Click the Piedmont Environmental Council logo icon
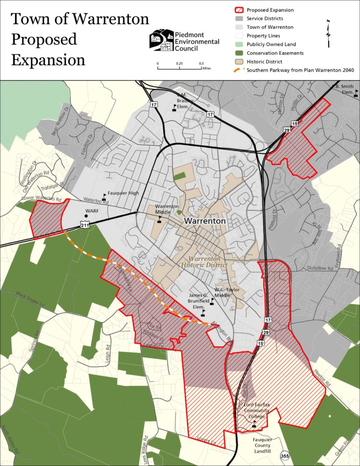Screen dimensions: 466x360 161,40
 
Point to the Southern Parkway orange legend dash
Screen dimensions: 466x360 239,70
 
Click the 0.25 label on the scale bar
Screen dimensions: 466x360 180,63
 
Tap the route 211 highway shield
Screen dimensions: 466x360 85,225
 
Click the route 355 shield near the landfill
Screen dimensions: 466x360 284,455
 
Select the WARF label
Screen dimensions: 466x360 92,211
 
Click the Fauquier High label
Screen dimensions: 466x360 123,193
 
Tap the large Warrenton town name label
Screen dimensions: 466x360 205,221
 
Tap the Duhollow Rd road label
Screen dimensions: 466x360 320,269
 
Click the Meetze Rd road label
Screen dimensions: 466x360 322,375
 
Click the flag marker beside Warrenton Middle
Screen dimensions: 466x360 160,219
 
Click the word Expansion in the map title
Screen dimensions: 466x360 48,60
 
